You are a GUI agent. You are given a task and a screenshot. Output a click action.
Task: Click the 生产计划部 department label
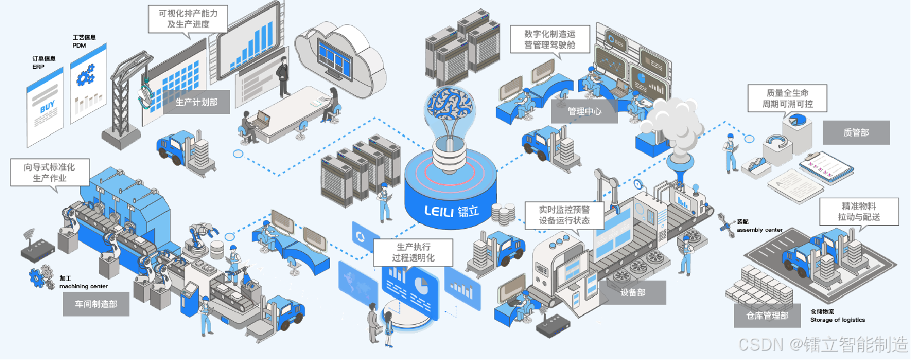pos(196,102)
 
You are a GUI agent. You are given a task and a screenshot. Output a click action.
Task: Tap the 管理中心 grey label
pos(584,111)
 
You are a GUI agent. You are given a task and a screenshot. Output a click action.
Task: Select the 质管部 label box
pos(856,133)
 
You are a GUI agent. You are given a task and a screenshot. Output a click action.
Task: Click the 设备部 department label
pos(633,292)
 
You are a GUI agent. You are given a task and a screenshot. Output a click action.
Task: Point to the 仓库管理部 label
pos(767,316)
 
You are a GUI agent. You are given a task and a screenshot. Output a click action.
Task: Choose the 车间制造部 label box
pos(96,304)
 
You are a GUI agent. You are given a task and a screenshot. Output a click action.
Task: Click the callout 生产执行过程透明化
pos(405,252)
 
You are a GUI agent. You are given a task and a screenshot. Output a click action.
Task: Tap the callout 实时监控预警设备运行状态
pos(564,215)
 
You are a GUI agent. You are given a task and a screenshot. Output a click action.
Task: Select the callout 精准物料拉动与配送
pos(859,212)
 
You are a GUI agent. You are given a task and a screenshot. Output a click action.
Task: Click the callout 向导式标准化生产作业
pos(50,173)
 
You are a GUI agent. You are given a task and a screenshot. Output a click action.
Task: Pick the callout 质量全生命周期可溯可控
pos(787,99)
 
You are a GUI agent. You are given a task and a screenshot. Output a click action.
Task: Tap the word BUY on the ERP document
pos(47,109)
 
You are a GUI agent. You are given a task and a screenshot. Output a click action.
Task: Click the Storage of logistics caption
pos(837,320)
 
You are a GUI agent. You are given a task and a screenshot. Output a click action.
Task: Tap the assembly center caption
pos(759,230)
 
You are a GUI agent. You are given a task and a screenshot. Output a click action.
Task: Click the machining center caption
pos(83,286)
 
